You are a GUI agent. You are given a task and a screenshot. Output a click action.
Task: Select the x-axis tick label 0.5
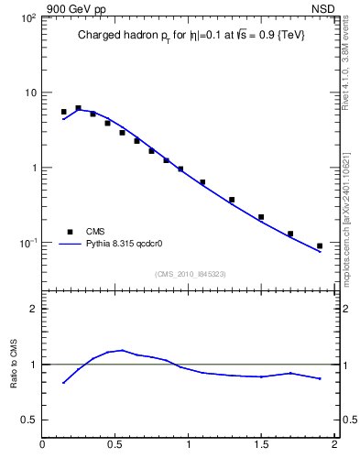pyautogui.click(x=115, y=446)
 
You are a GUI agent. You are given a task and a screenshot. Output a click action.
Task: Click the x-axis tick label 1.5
pyautogui.click(x=261, y=446)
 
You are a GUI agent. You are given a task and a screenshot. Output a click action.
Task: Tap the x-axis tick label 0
pyautogui.click(x=43, y=446)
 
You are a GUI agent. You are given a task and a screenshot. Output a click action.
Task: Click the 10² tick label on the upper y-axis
pyautogui.click(x=27, y=18)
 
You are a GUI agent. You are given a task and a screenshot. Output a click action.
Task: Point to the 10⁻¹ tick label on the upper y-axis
pyautogui.click(x=27, y=243)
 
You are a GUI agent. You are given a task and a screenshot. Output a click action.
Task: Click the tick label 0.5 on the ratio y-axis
pyautogui.click(x=29, y=420)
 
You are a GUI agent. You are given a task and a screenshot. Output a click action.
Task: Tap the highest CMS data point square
pyautogui.click(x=78, y=108)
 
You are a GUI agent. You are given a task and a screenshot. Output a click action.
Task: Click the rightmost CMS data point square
pyautogui.click(x=320, y=245)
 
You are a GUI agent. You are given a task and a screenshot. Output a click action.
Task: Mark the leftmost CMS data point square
pyautogui.click(x=63, y=112)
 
